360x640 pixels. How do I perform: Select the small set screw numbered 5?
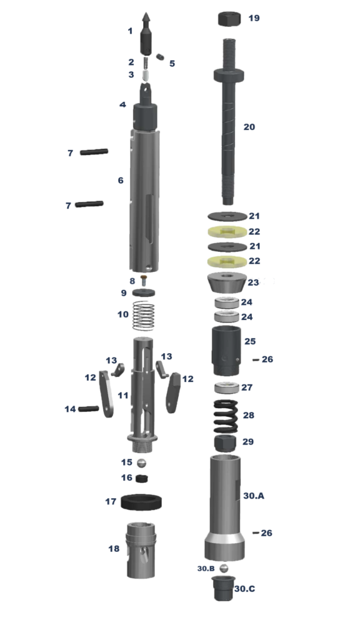[x=160, y=57]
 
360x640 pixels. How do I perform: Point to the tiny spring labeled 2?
[x=145, y=63]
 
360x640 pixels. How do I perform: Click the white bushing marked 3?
[x=146, y=76]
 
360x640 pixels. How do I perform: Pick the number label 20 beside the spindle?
[x=249, y=127]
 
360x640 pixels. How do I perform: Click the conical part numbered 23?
[x=226, y=282]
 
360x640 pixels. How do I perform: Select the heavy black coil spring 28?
[x=226, y=416]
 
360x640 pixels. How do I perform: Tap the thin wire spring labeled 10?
[x=144, y=316]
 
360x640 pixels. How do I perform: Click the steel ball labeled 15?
[x=141, y=463]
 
